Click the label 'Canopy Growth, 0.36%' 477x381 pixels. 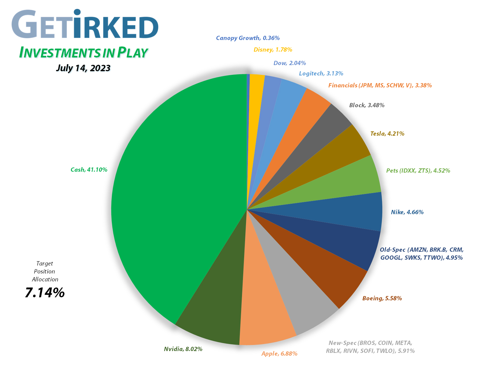point(248,38)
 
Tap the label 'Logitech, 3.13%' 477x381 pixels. point(321,74)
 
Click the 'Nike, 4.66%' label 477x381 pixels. point(407,212)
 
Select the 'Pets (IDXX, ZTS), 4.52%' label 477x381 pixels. point(418,171)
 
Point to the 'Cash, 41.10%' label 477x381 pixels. point(89,170)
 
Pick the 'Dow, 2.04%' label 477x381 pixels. point(289,63)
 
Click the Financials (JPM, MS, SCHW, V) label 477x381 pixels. point(380,86)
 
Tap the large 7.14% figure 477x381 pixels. point(45,293)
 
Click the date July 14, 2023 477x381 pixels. point(83,68)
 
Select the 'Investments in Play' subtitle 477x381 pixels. point(83,53)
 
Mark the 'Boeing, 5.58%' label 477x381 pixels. point(382,299)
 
